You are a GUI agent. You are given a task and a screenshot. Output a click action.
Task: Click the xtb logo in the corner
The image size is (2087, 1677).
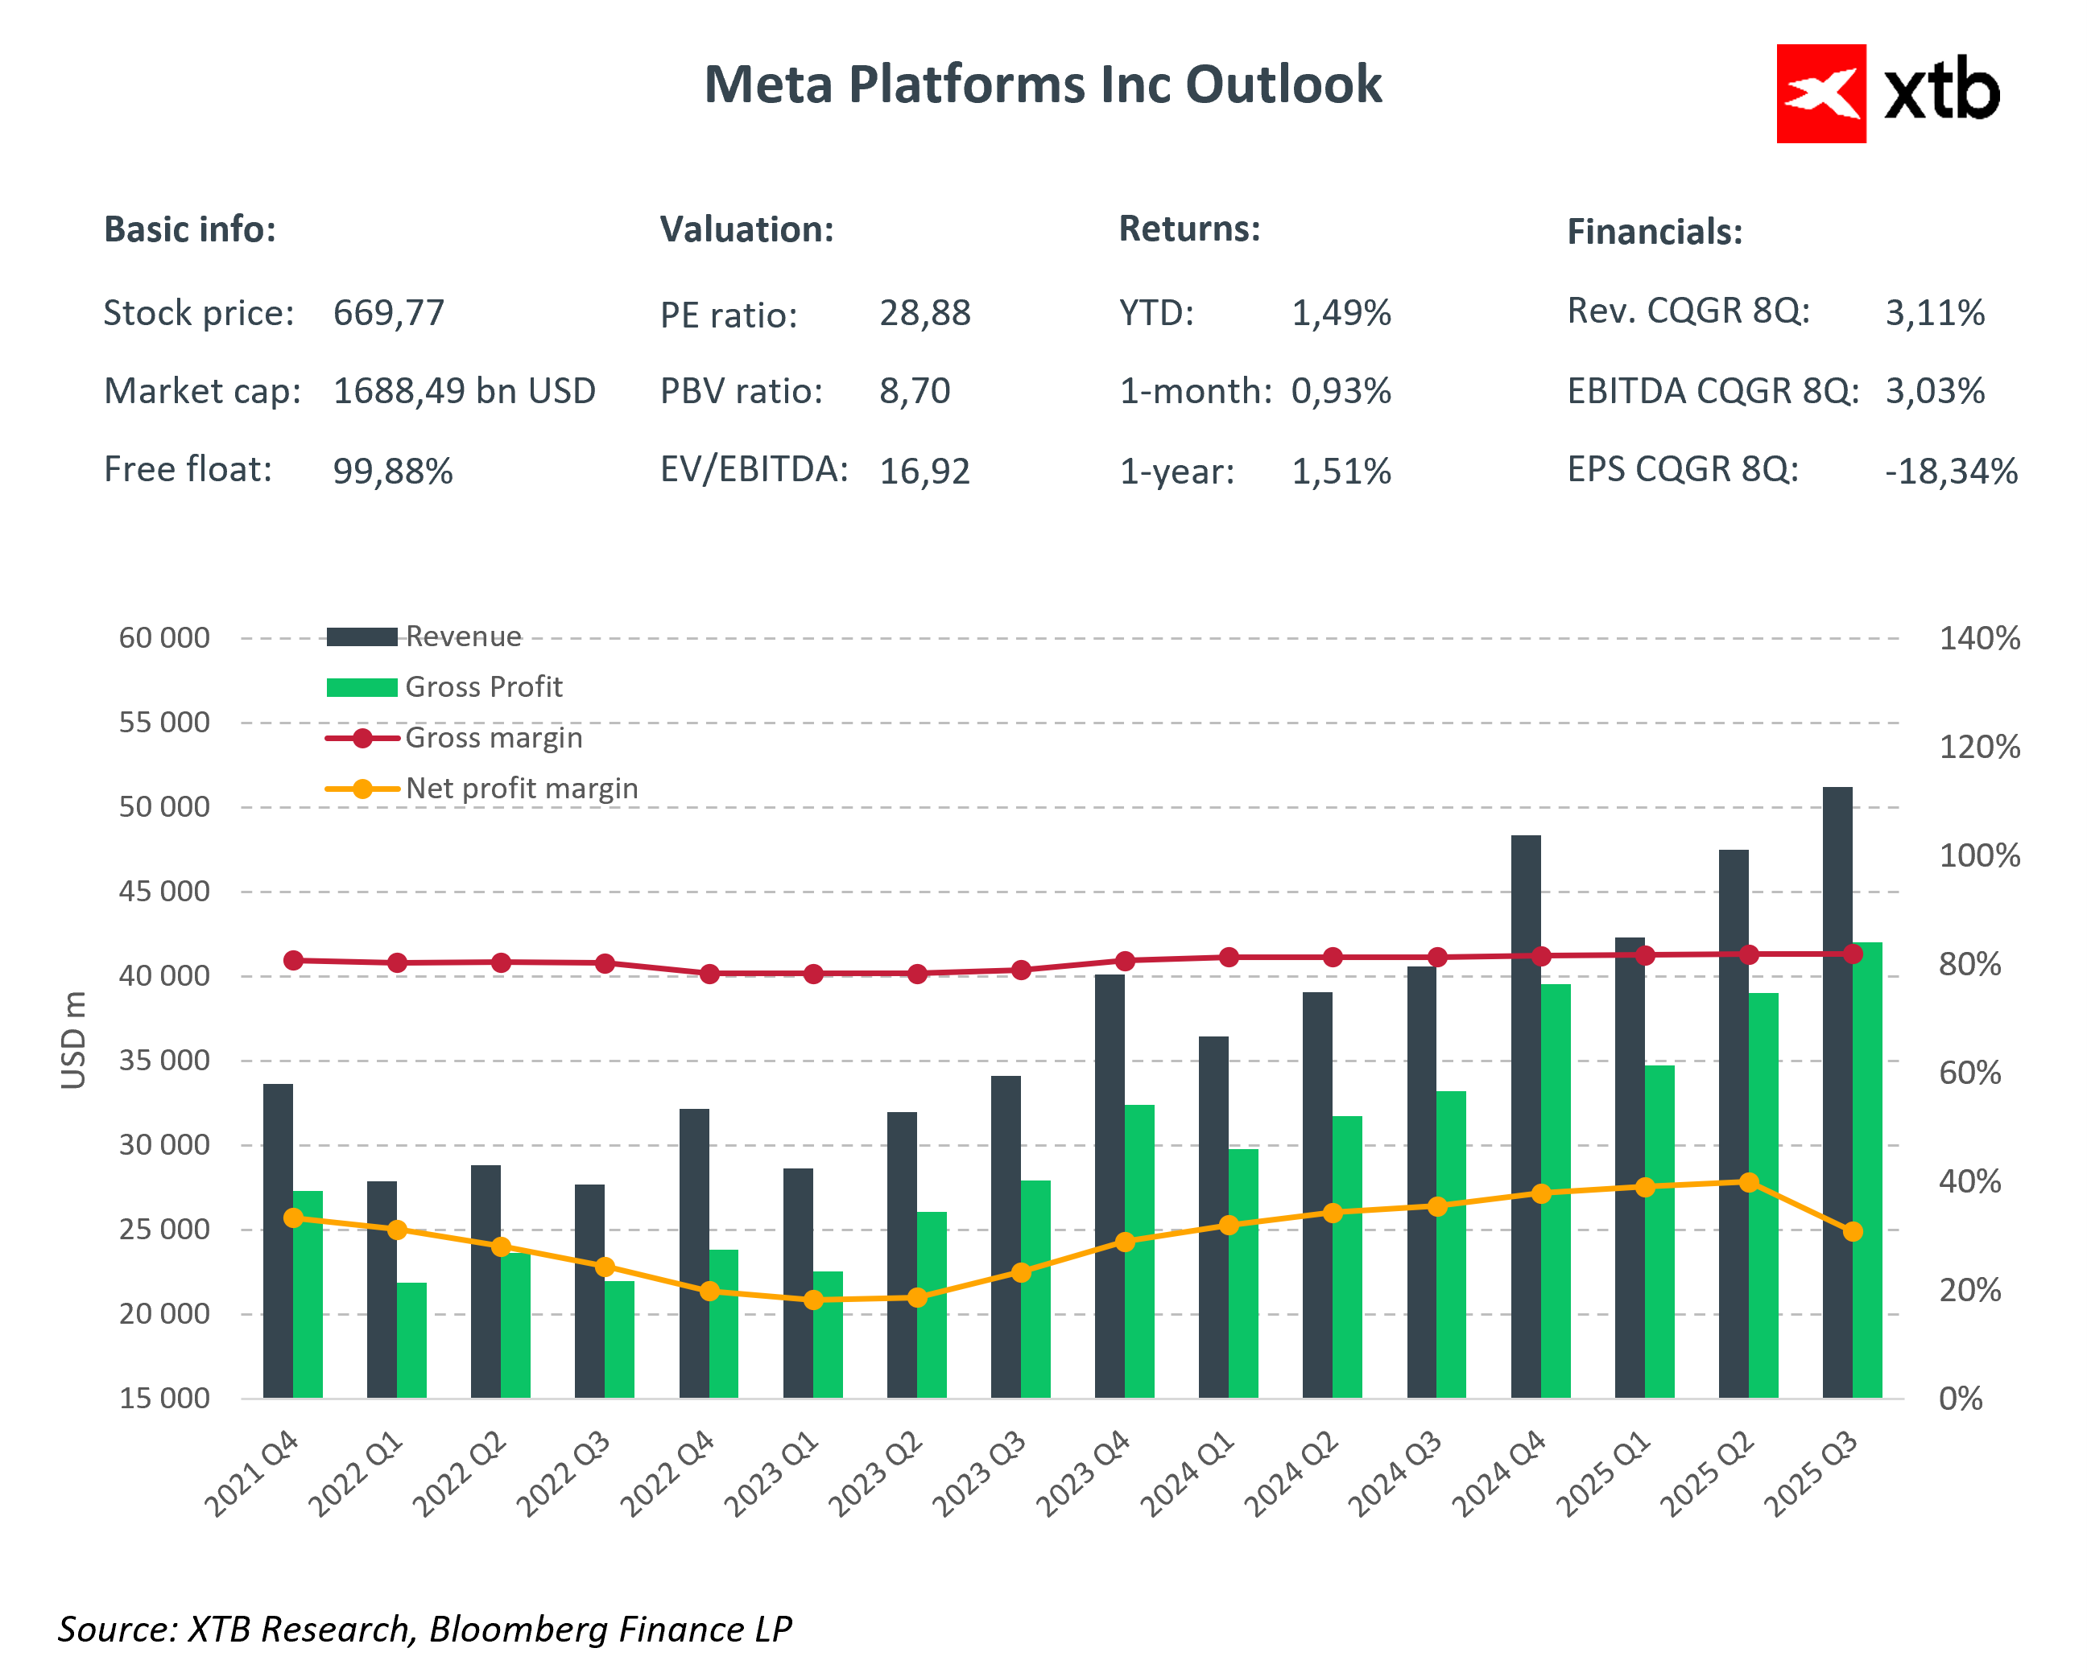[x=1887, y=94]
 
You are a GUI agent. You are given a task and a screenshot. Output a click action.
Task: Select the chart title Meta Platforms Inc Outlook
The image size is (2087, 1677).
[x=1043, y=84]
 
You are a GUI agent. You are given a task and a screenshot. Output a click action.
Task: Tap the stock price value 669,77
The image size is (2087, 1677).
[x=388, y=312]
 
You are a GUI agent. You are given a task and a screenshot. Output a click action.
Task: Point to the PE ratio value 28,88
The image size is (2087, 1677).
[x=924, y=312]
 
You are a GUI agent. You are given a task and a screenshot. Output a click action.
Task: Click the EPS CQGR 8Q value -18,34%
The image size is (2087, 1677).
[x=1950, y=472]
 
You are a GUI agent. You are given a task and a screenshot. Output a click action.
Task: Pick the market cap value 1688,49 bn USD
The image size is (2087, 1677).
[x=464, y=391]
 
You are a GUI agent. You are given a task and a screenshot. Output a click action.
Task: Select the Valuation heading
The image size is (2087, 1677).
[x=746, y=229]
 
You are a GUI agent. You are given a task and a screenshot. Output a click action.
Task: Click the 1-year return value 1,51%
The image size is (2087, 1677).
[x=1341, y=472]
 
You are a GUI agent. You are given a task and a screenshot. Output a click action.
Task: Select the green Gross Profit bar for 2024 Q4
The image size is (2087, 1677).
[x=1555, y=1190]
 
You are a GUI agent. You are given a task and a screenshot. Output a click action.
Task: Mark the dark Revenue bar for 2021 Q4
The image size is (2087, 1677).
[x=278, y=1241]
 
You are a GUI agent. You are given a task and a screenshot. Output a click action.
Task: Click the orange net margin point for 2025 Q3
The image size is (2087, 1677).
[x=1852, y=1232]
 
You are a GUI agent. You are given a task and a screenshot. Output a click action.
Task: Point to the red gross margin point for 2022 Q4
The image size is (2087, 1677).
[x=709, y=974]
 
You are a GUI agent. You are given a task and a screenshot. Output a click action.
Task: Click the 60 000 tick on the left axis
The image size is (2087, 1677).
[x=163, y=637]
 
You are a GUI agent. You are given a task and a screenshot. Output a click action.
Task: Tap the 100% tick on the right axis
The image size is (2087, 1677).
[x=1978, y=855]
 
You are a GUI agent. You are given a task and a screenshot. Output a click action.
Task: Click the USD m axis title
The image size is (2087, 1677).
[x=73, y=1040]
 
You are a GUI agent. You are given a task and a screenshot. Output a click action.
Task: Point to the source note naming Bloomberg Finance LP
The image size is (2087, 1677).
[x=424, y=1629]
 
